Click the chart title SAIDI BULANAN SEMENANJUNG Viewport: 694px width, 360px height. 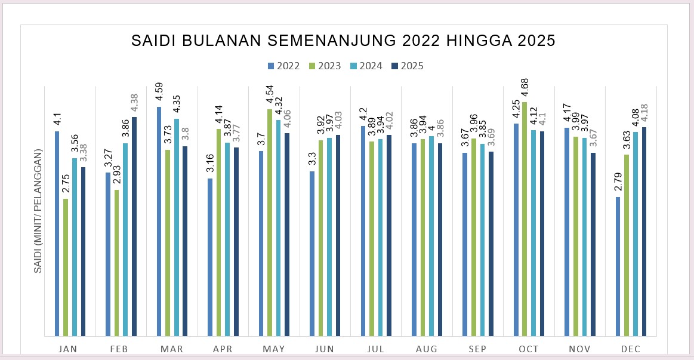pos(343,41)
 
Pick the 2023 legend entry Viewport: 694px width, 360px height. pos(325,66)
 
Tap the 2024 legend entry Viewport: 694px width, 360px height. pos(366,66)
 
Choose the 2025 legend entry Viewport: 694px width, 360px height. pos(407,66)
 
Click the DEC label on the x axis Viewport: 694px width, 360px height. pos(631,349)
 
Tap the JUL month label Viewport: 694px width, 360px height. pos(376,349)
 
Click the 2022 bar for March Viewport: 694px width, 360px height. pos(159,221)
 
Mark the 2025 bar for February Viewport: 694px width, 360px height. pos(134,226)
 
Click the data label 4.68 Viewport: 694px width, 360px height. pos(524,89)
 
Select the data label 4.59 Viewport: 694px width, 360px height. pos(159,94)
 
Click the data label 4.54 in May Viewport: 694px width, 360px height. pos(269,96)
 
